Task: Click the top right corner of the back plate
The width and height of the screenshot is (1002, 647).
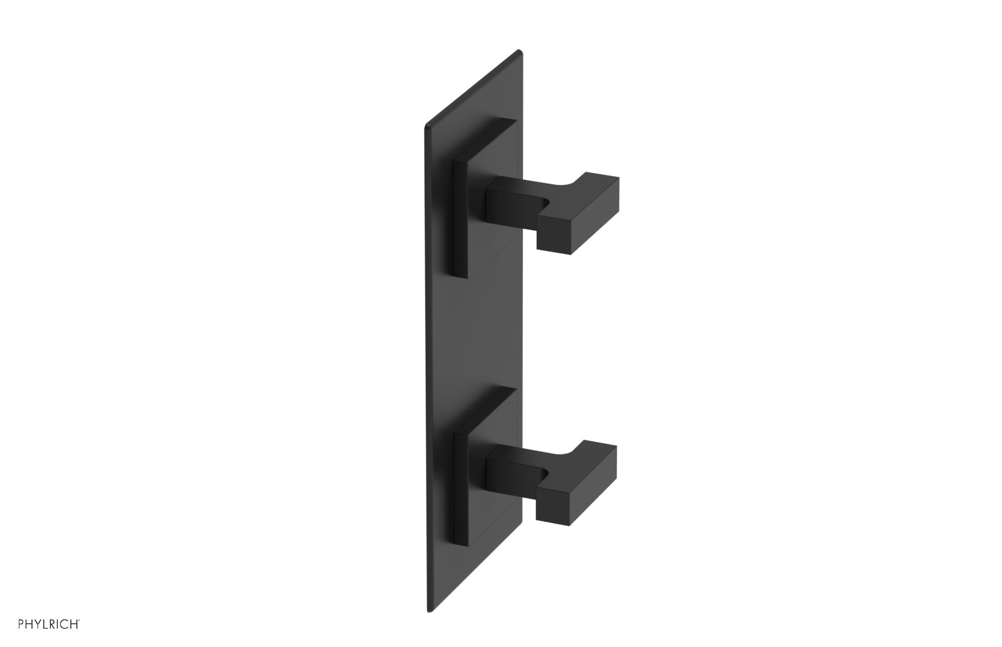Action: coord(519,51)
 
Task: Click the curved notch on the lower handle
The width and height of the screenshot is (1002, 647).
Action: coord(546,474)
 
